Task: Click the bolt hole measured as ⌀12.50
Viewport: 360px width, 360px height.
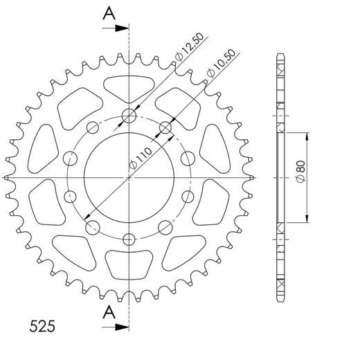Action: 129,116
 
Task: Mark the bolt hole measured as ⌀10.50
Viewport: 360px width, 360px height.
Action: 165,127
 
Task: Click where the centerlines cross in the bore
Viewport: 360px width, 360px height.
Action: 129,178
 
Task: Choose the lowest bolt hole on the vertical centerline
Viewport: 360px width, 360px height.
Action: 129,240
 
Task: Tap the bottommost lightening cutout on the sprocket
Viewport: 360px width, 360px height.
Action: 129,267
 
